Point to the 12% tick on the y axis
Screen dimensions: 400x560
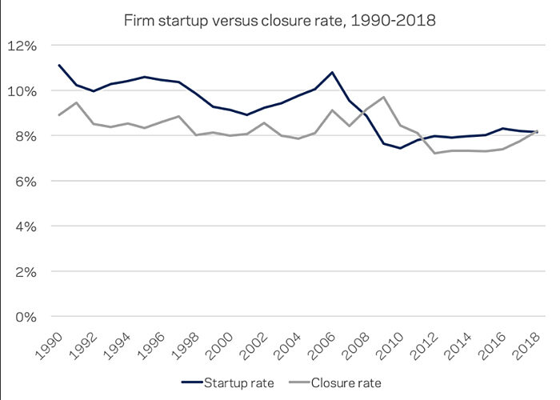[x=22, y=46]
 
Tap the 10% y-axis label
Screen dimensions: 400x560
[x=22, y=91]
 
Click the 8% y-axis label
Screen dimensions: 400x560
[x=25, y=136]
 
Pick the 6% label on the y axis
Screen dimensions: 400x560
[x=25, y=182]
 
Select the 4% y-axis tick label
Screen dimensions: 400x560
[x=25, y=226]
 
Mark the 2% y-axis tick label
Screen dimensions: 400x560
[x=25, y=272]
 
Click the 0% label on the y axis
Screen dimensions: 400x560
[x=25, y=317]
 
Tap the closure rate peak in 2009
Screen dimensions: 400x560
[x=384, y=97]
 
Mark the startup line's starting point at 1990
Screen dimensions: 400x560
[x=58, y=65]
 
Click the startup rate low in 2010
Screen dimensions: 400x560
[x=400, y=148]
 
